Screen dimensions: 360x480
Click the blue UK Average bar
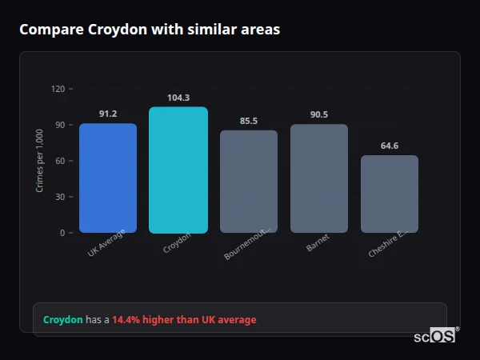pos(108,178)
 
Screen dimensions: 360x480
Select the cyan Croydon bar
pos(178,170)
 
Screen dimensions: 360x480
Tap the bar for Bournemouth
pos(249,182)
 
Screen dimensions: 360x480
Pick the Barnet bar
pos(319,178)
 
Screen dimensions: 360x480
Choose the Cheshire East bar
pos(390,194)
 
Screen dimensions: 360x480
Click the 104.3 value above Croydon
pos(178,98)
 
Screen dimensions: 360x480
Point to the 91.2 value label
pos(108,114)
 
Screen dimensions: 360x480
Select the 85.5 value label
pos(249,121)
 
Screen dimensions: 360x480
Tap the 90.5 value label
pos(319,114)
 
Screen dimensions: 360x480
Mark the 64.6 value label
pos(390,146)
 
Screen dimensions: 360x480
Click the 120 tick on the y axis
pos(58,89)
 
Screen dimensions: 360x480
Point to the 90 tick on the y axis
pos(60,125)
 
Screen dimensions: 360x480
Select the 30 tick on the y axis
pos(60,197)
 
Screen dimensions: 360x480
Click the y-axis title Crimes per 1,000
pos(40,160)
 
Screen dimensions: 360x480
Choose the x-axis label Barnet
pos(318,243)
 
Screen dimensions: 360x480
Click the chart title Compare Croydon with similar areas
pos(150,30)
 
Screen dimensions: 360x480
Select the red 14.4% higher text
pos(184,320)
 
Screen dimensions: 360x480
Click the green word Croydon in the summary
pos(63,320)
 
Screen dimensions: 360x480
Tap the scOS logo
pos(435,337)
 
